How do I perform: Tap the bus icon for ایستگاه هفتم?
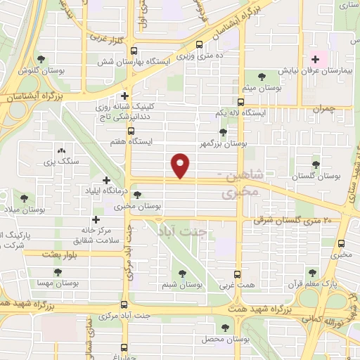click(x=130, y=130)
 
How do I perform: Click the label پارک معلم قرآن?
click(x=314, y=285)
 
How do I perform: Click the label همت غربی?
click(x=238, y=286)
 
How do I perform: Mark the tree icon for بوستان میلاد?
click(x=25, y=198)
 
